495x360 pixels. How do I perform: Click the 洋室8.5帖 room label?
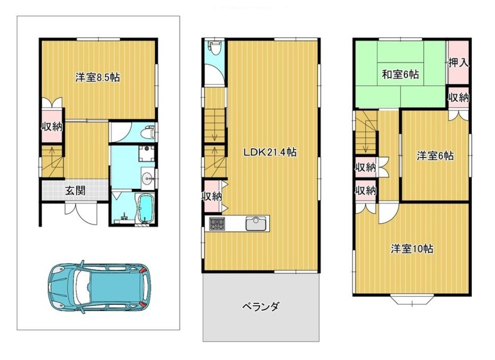(97, 78)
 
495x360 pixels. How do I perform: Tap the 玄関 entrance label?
(75, 190)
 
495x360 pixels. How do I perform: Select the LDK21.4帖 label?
(270, 152)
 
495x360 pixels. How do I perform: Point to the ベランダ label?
(261, 306)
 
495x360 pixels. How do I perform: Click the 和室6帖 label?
(400, 75)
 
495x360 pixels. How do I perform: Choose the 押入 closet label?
(459, 63)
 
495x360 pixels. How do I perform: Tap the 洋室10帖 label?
(412, 249)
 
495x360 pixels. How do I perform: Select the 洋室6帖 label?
(435, 156)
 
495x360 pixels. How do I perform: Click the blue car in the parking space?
(99, 287)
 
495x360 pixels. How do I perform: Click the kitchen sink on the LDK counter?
(257, 223)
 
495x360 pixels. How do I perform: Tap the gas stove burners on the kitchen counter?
(217, 224)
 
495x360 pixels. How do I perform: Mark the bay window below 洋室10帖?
(412, 300)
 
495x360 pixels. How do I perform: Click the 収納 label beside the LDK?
(212, 196)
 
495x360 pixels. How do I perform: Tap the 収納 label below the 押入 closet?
(459, 97)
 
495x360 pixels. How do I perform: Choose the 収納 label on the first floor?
(52, 127)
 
